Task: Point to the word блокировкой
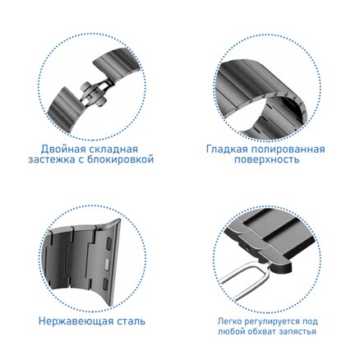point(120,159)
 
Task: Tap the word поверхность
point(266,159)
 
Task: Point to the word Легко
point(229,321)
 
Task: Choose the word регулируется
point(272,321)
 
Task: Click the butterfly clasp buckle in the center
point(93,94)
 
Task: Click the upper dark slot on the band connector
point(108,242)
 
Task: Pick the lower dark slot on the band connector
point(105,284)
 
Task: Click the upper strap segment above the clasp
point(118,64)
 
